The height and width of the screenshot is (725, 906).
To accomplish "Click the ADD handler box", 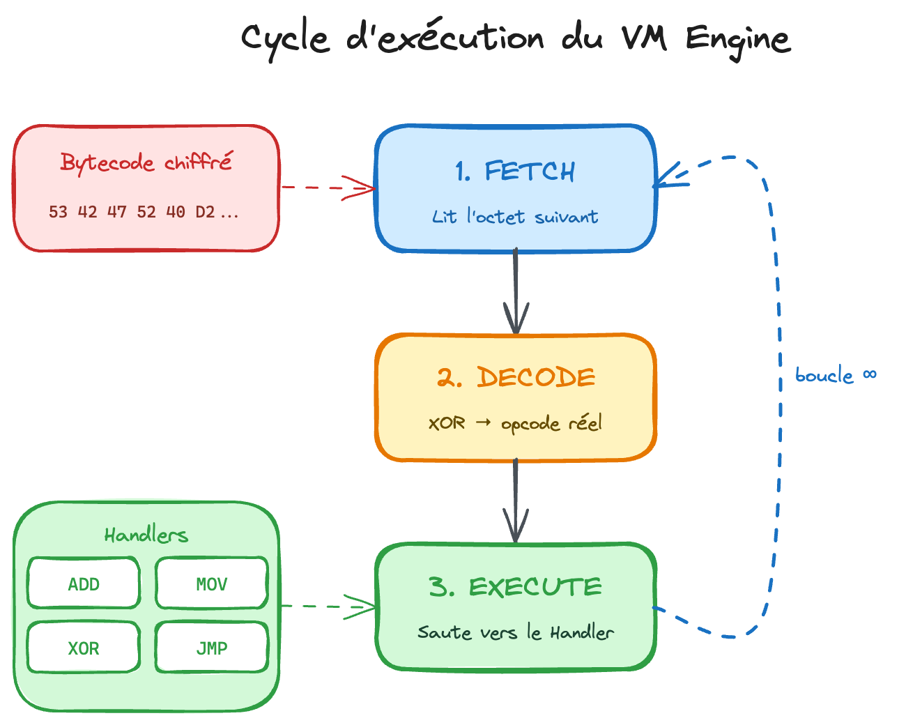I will pos(84,583).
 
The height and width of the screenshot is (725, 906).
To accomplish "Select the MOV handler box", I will pos(211,583).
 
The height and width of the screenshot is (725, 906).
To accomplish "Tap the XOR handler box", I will pos(84,648).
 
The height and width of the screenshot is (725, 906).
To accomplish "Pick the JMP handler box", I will pos(211,648).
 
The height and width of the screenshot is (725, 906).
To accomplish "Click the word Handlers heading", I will pos(146,535).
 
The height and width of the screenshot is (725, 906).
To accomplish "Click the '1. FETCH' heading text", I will pos(515,171).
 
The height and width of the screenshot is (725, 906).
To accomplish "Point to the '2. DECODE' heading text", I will pos(516,378).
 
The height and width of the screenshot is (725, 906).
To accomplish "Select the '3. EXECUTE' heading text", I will pos(515,587).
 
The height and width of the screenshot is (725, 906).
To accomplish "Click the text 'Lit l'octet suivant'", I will pos(515,217).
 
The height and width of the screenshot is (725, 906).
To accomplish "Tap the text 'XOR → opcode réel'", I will pos(515,423).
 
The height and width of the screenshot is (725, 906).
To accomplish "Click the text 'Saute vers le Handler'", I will pos(515,632).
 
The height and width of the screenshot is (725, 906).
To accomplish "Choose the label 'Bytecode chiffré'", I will pos(146,162).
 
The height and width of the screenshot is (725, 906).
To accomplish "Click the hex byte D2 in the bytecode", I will pos(205,212).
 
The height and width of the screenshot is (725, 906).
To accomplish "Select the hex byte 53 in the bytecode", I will pos(58,212).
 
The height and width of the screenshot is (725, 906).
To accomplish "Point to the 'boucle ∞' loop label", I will pos(835,376).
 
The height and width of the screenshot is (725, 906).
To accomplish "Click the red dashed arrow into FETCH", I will pos(328,188).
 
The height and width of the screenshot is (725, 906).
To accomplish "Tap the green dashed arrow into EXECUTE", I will pos(328,606).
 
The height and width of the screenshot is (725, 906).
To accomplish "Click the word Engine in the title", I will pos(738,39).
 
